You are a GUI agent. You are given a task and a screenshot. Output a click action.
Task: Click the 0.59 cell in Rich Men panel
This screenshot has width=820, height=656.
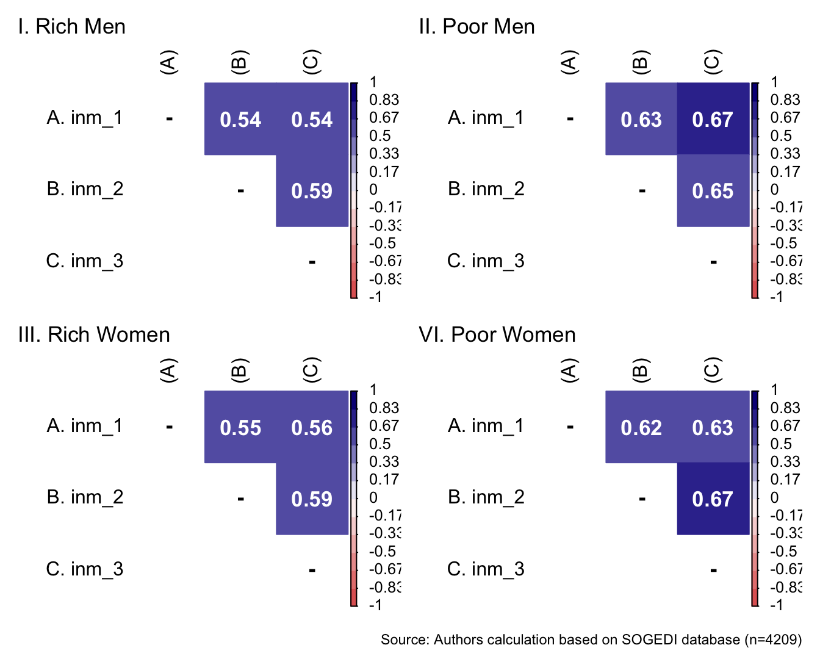pos(312,191)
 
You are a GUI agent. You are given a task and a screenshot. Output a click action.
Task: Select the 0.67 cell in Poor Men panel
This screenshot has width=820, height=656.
pos(713,120)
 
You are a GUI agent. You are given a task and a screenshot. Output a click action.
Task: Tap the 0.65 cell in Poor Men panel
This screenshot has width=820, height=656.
pos(713,191)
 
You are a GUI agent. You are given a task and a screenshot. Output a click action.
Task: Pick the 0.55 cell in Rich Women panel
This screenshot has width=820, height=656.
pos(240,428)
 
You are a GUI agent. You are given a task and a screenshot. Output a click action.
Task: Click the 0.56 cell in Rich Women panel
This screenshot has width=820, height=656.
pos(312,428)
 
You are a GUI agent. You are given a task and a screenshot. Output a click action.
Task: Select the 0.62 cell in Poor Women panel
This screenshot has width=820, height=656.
pos(641,428)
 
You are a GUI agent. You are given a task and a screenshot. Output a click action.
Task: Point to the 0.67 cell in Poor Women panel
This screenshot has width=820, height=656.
pos(713,499)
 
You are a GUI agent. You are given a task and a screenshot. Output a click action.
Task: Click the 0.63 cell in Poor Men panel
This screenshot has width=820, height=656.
pos(641,120)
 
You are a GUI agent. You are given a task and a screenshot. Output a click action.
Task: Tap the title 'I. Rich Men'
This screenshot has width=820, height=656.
pos(72,27)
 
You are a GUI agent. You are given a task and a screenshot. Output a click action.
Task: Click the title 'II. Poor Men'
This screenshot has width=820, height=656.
pos(477,27)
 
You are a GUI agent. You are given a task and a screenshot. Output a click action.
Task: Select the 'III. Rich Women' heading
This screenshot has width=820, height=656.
pos(94,335)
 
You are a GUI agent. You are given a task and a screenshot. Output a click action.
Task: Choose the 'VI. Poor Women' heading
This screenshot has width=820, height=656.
pos(497,335)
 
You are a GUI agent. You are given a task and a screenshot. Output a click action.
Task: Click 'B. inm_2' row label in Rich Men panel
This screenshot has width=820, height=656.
pos(85,189)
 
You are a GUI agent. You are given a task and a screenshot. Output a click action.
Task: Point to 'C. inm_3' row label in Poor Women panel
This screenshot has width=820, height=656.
pos(486,569)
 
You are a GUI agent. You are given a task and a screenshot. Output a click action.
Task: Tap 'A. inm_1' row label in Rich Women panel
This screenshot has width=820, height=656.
pos(85,426)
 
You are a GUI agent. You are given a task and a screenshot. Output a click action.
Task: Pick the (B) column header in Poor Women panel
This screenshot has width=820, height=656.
pos(641,370)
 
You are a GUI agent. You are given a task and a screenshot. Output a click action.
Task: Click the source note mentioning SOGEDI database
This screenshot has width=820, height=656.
pos(591,640)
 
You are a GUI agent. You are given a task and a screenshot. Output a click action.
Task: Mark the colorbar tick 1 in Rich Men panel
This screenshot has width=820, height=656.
pos(373,82)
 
